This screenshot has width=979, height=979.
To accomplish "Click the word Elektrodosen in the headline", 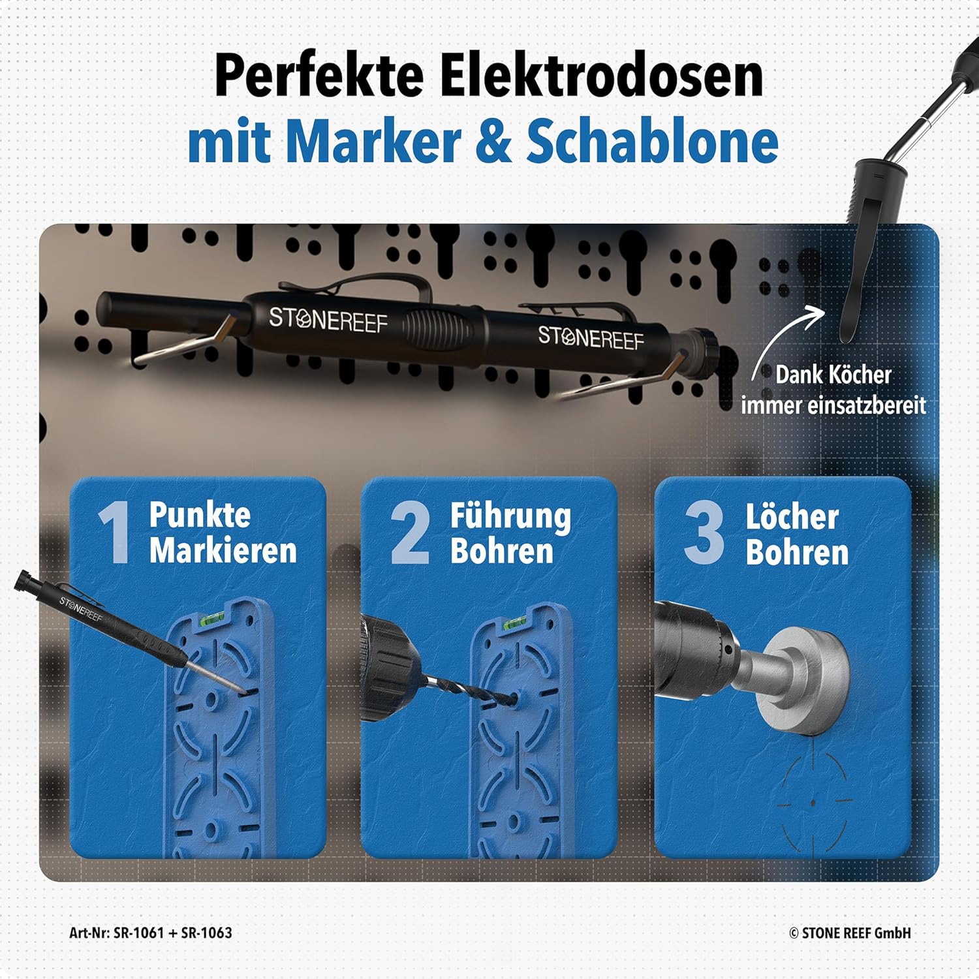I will (x=601, y=77).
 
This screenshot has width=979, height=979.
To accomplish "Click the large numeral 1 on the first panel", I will (x=115, y=534).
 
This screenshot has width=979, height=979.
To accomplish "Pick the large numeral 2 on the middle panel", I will (x=411, y=534).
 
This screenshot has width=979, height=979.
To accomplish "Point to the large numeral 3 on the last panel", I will (x=704, y=534).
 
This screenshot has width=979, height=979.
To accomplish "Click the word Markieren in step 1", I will (x=223, y=550).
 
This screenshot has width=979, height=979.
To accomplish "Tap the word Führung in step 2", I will (x=510, y=517).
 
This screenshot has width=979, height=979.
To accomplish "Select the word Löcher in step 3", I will (x=792, y=518).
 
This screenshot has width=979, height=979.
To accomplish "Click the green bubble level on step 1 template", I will (x=213, y=618).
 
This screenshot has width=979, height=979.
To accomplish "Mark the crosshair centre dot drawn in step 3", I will (x=813, y=802).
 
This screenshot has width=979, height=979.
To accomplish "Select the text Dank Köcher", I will (x=833, y=375).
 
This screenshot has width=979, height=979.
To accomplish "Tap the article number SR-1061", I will (x=138, y=933).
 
